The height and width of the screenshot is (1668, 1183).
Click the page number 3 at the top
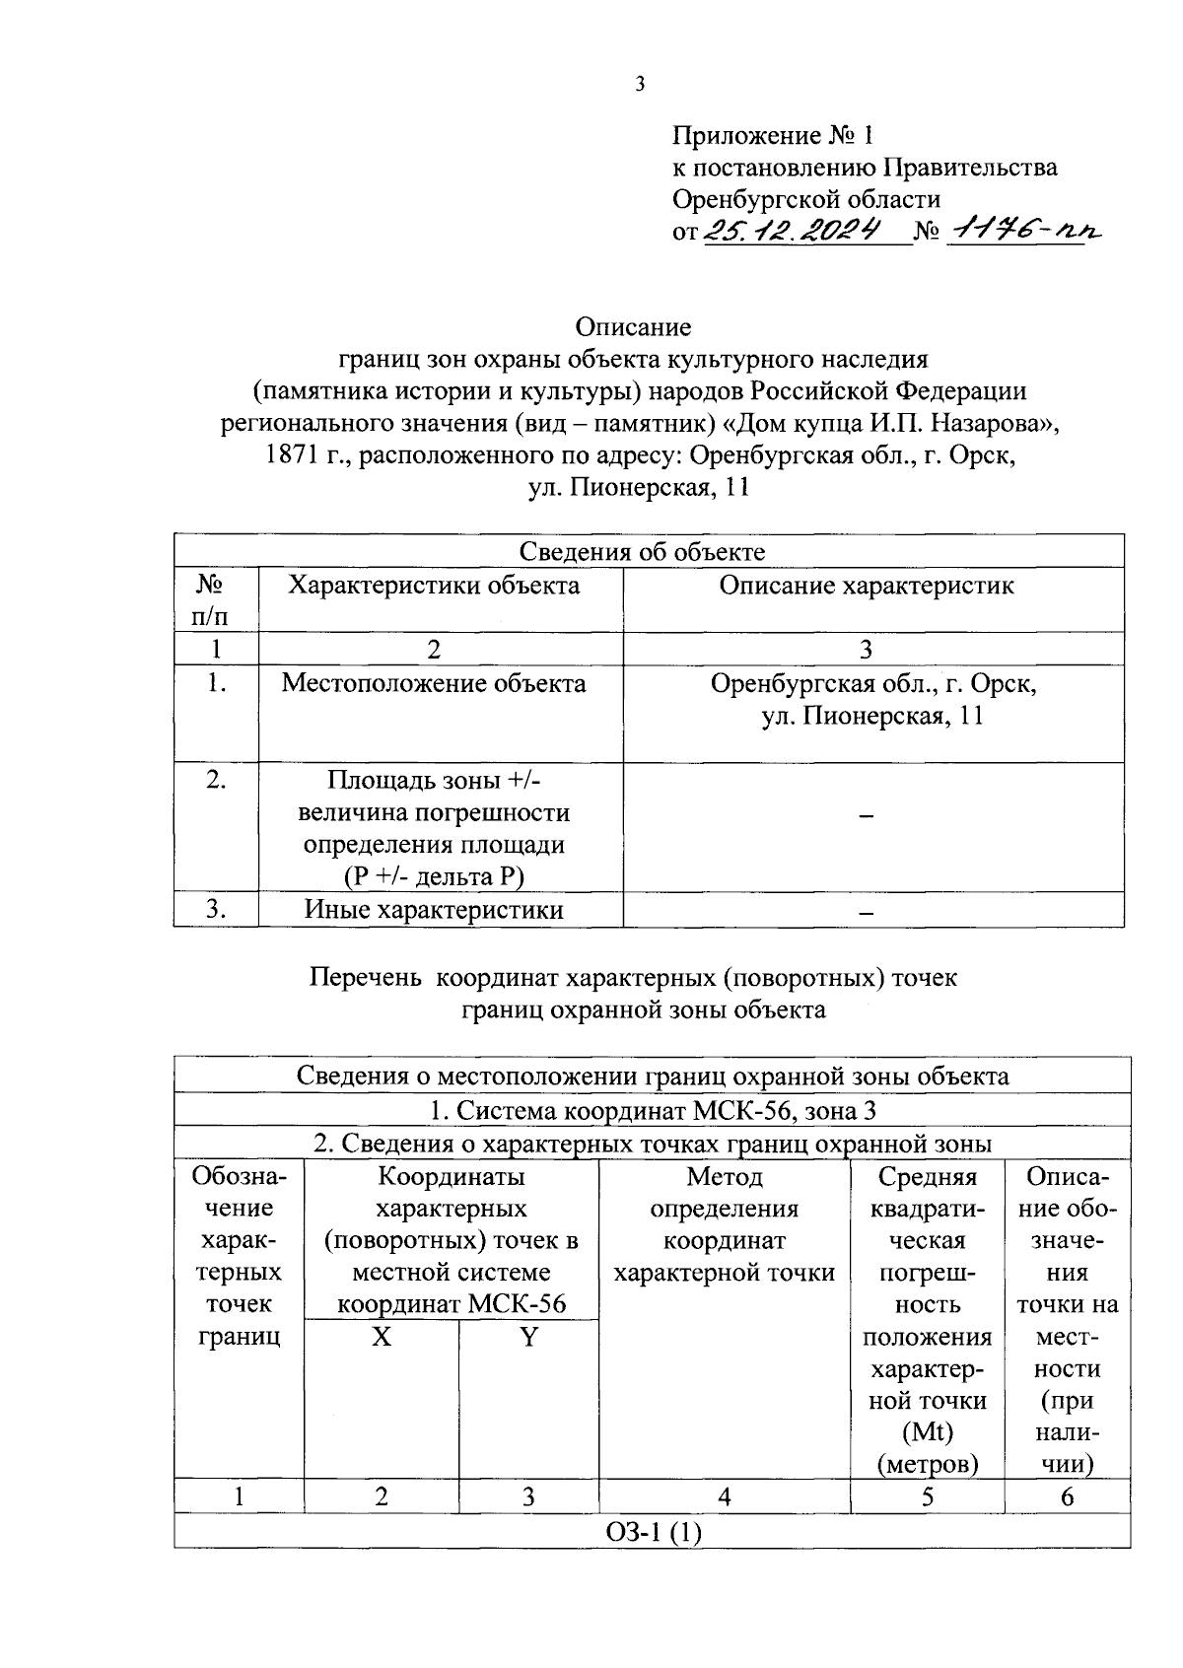[639, 85]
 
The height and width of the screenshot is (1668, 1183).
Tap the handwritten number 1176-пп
[1022, 230]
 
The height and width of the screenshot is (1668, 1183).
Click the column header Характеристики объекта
[434, 586]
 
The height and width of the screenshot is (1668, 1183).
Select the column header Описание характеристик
[866, 586]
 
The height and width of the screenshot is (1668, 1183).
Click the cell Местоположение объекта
[434, 683]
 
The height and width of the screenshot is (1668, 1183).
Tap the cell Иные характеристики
[434, 909]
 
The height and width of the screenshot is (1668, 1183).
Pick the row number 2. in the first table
[216, 780]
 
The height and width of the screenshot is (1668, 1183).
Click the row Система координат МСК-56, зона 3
[652, 1111]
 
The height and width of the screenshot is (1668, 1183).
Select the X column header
[381, 1338]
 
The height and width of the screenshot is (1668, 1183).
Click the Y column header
[528, 1338]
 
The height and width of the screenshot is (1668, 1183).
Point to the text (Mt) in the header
[927, 1432]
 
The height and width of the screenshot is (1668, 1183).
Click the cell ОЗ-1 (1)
[652, 1533]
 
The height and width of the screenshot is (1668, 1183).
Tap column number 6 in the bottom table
[1067, 1496]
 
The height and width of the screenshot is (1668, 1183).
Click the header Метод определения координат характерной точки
[724, 1224]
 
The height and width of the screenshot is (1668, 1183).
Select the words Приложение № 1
[773, 134]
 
